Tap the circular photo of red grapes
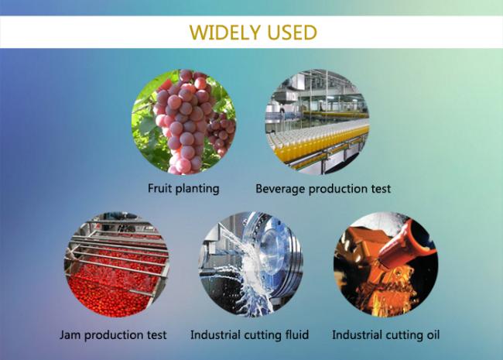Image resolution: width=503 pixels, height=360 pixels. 184,122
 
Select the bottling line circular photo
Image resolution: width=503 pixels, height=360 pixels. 317,122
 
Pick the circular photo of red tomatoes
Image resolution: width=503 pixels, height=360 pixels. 117,264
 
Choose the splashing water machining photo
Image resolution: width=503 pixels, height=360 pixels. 251,264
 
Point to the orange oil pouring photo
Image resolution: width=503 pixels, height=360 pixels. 385,264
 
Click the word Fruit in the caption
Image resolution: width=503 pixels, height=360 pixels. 159,188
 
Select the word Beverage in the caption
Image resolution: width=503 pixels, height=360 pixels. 279,189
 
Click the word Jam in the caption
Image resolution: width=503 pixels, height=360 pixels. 70,335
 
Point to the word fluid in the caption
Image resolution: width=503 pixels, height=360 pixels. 297,334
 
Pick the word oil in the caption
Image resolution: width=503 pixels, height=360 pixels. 433,334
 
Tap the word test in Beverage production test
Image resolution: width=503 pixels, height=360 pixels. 381,188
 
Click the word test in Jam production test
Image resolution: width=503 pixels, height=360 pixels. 157,335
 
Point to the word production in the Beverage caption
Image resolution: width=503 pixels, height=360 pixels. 338,189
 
